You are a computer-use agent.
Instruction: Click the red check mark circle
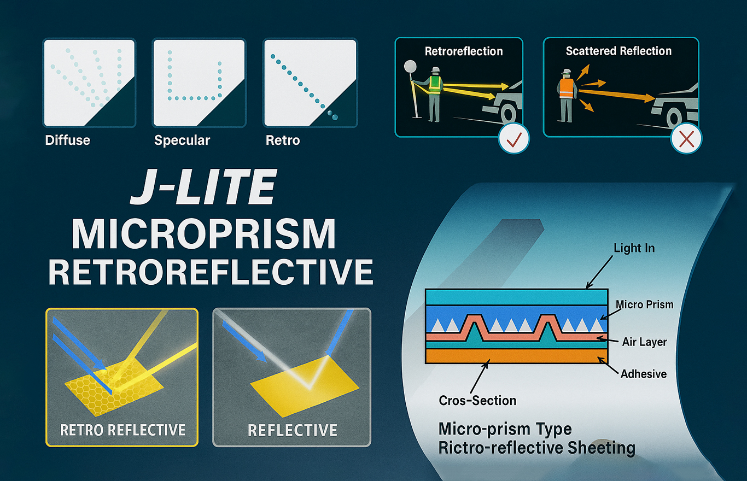point(513,138)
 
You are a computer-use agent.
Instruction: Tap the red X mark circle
point(686,138)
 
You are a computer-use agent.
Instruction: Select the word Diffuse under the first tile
point(68,140)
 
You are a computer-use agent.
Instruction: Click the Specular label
point(182,140)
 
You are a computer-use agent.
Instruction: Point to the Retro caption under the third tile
point(283,140)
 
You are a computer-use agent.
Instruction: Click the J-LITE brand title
point(204,187)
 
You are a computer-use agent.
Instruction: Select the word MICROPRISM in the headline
point(204,233)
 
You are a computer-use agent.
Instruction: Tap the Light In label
point(634,248)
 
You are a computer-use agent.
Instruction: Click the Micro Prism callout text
point(644,304)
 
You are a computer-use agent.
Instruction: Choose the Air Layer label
point(644,342)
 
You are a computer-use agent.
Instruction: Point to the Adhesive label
point(644,374)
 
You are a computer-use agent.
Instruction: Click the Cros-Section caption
point(477,400)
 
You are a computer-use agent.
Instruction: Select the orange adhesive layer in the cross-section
point(517,356)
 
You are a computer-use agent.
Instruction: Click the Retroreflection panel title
point(464,51)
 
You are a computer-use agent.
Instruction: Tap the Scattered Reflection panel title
point(618,51)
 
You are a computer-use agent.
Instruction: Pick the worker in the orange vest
point(566,95)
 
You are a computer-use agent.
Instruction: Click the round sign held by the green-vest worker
point(410,66)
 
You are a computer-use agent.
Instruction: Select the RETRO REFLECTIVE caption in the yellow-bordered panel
point(122,430)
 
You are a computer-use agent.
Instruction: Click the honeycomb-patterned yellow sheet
point(113,386)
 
